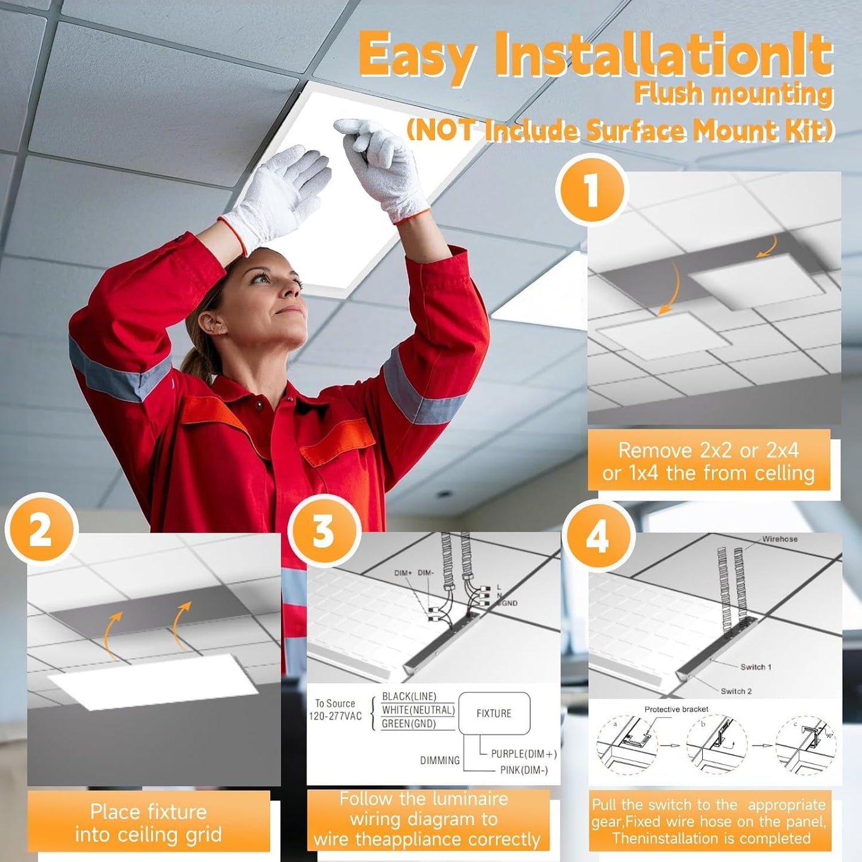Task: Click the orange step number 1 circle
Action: coord(591,190)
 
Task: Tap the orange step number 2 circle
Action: coord(41,530)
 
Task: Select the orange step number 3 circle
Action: coord(323,530)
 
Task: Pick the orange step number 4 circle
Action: coord(597,535)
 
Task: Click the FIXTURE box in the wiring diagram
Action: coord(493,713)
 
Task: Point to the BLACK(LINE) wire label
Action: coord(409,696)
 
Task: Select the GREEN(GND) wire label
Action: coord(409,724)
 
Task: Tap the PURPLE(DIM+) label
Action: coord(523,754)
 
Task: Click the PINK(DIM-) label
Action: coord(524,770)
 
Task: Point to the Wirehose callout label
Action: coord(779,539)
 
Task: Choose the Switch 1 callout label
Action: coord(755,667)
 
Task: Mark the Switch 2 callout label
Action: coord(736,691)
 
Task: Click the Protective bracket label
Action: coord(676,709)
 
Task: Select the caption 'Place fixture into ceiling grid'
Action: coord(148,823)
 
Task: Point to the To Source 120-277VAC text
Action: coord(335,710)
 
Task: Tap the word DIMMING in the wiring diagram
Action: coord(440,761)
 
